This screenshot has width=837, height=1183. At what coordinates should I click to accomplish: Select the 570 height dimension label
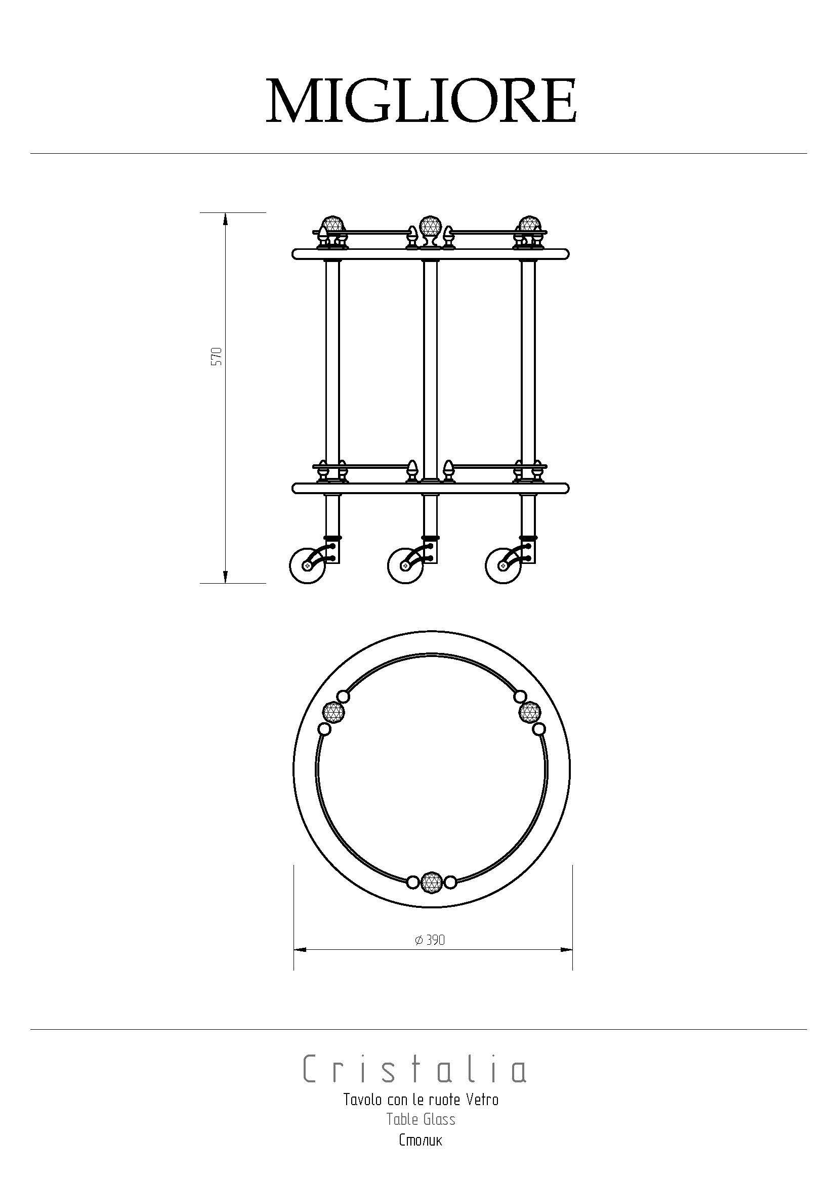point(218,356)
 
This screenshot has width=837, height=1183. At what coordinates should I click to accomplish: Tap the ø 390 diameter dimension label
point(429,940)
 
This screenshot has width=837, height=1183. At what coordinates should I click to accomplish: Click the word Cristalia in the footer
point(415,1069)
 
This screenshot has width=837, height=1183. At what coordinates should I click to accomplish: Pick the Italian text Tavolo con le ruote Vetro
point(421,1100)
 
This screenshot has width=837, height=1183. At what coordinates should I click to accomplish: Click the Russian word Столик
point(421,1138)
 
